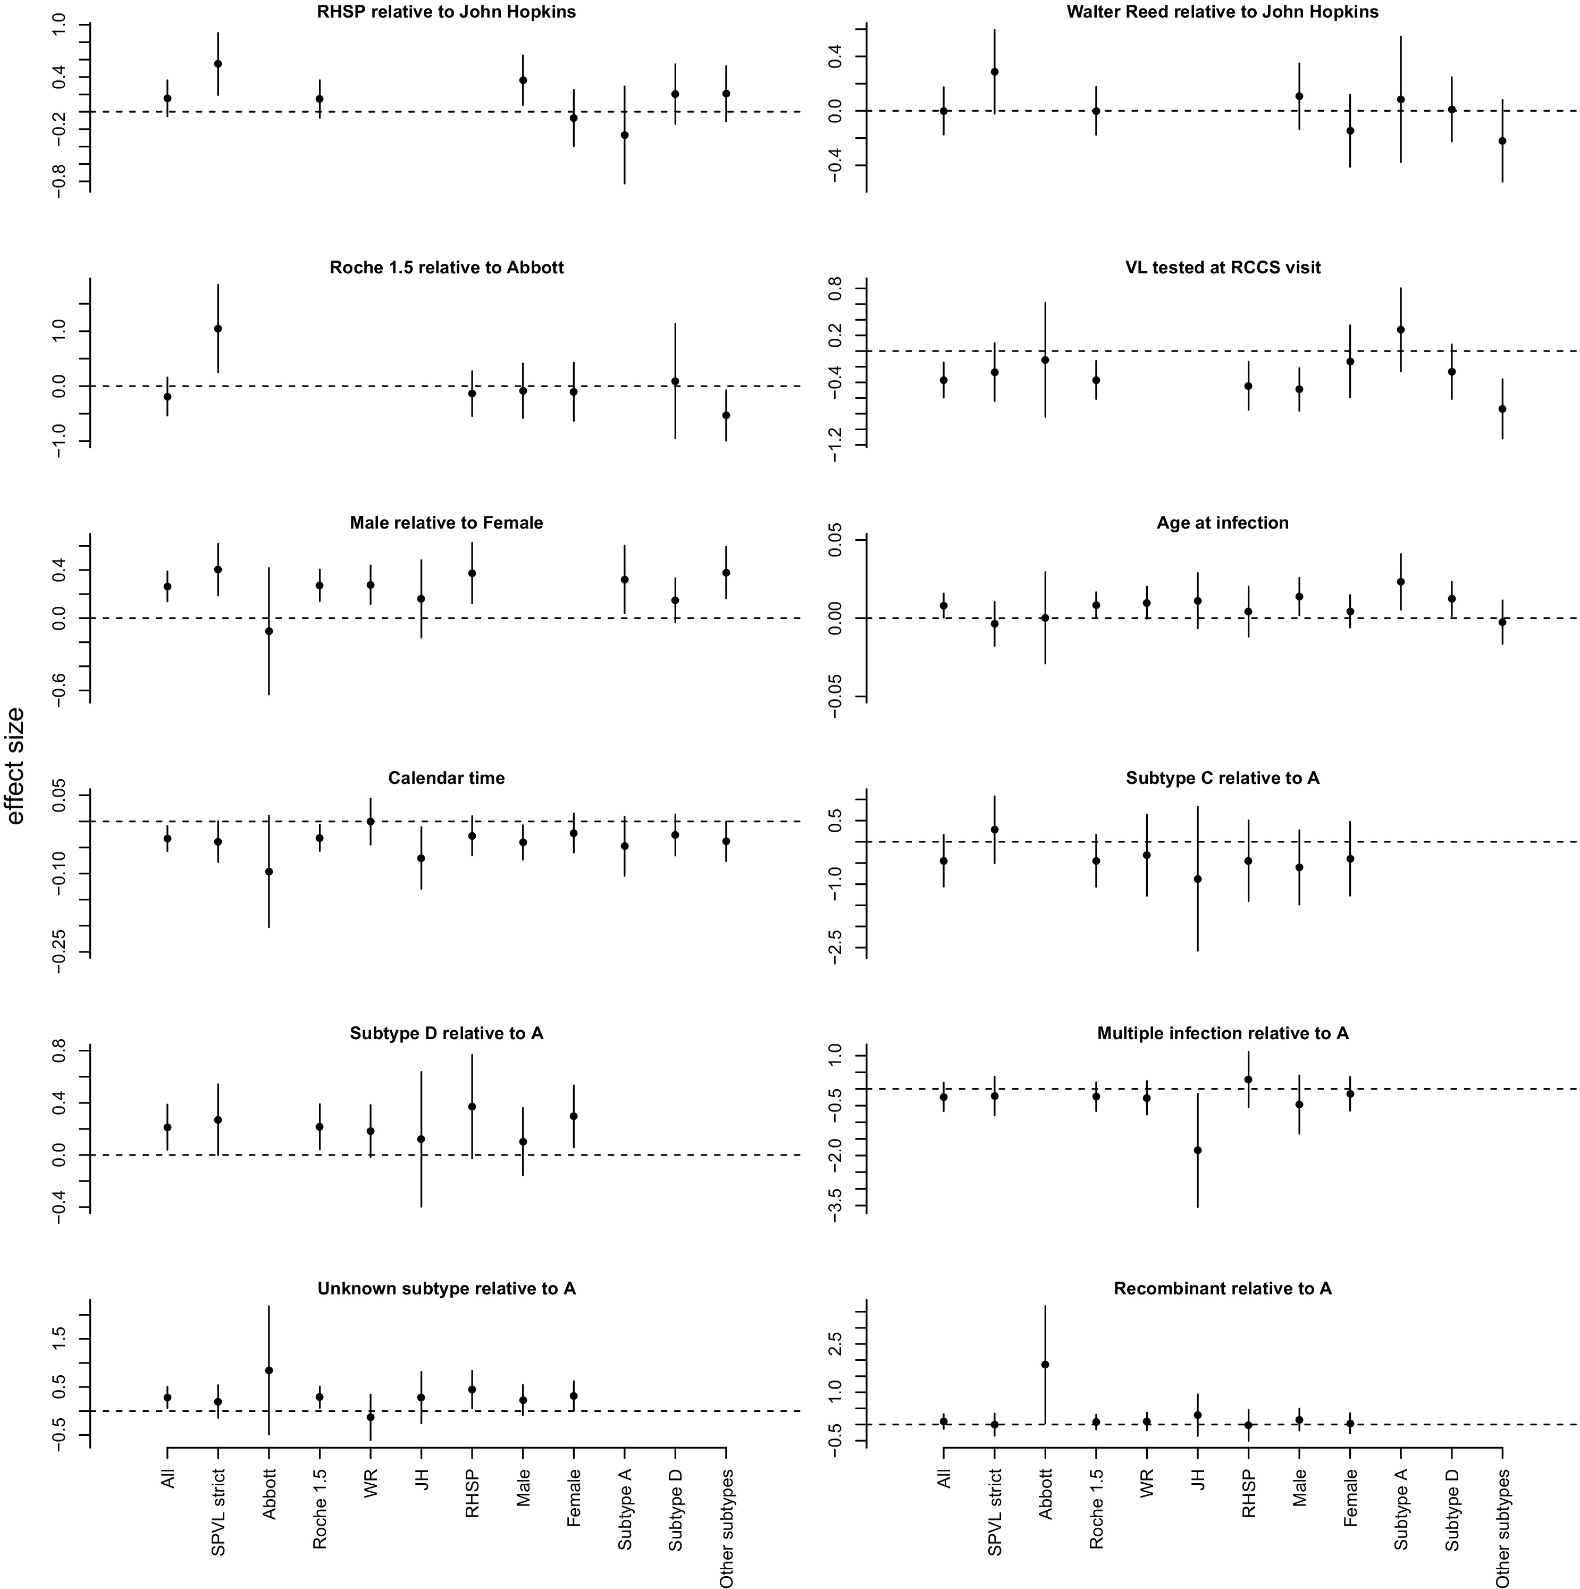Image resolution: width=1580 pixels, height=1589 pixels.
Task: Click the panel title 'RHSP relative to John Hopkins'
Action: click(x=447, y=12)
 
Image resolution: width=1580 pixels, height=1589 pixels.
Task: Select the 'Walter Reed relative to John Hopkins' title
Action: click(x=1222, y=12)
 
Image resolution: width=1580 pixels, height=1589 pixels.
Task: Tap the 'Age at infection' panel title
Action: click(x=1222, y=523)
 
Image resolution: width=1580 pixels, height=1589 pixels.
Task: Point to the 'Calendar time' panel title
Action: click(x=447, y=778)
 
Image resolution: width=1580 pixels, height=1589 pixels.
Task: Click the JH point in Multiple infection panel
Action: click(x=1198, y=1150)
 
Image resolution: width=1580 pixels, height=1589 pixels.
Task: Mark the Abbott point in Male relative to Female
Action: click(x=269, y=631)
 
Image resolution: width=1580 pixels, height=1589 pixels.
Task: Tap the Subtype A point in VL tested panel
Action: click(x=1401, y=330)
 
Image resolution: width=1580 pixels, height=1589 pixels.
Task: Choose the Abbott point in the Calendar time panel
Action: click(x=269, y=871)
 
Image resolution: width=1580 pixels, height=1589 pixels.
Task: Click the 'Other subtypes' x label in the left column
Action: click(x=726, y=1528)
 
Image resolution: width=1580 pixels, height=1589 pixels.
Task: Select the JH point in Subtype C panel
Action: click(x=1198, y=879)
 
